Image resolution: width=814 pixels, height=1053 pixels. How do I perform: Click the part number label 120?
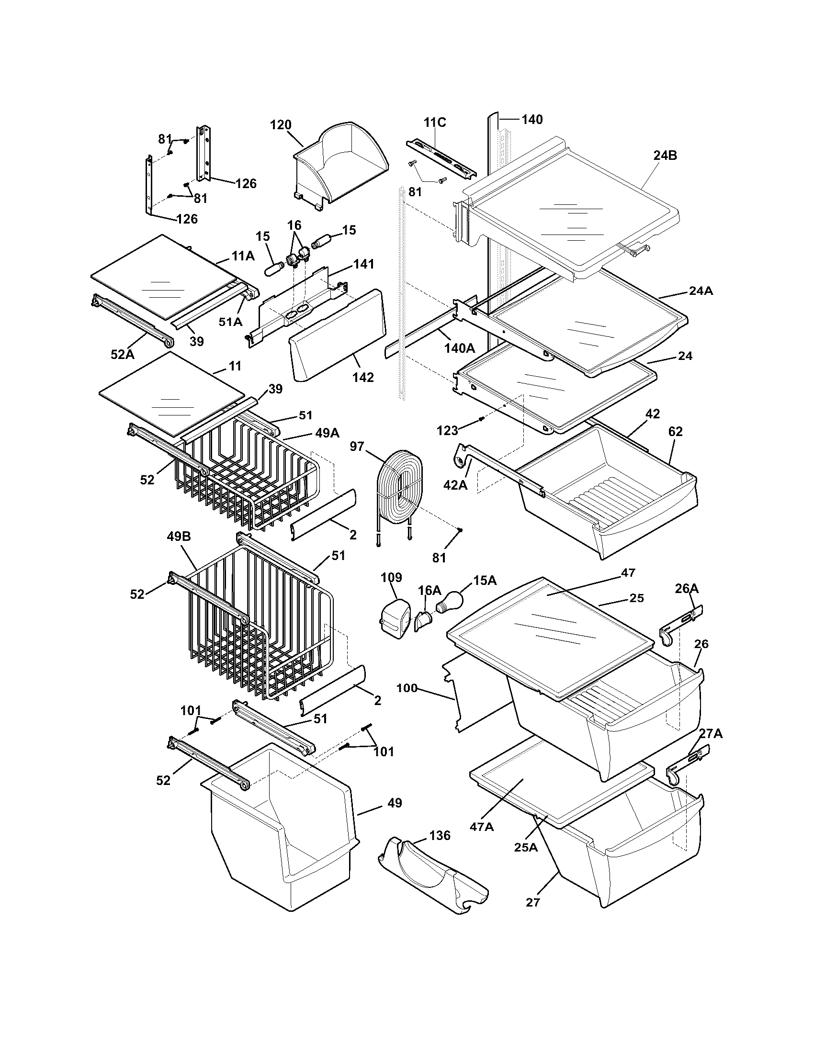pos(281,125)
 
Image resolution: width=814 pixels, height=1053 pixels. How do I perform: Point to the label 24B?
pos(666,155)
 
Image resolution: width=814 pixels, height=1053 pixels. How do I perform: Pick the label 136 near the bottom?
pos(439,836)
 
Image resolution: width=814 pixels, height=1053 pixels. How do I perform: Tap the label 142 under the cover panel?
pos(362,378)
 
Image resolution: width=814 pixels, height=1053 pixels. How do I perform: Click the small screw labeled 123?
pos(481,419)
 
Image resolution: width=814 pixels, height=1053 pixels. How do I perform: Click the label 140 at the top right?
pos(532,119)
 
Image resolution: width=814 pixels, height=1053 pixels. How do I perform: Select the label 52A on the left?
pos(123,354)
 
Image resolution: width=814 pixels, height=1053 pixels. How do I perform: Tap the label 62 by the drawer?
pos(675,432)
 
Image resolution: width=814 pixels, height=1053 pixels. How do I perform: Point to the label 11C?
pos(434,123)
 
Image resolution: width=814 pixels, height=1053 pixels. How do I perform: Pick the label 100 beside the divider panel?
pos(407,688)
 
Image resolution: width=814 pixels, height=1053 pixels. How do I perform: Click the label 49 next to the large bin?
pos(395,803)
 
